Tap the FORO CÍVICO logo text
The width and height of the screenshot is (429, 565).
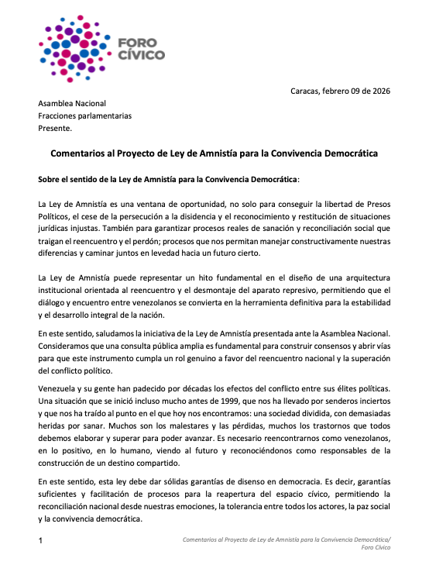click(141, 50)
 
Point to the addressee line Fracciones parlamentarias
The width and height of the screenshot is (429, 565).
click(85, 115)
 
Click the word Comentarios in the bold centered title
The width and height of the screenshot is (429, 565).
click(81, 154)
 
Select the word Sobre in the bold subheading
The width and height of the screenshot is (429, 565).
click(50, 180)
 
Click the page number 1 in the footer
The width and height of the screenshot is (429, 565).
click(41, 539)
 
